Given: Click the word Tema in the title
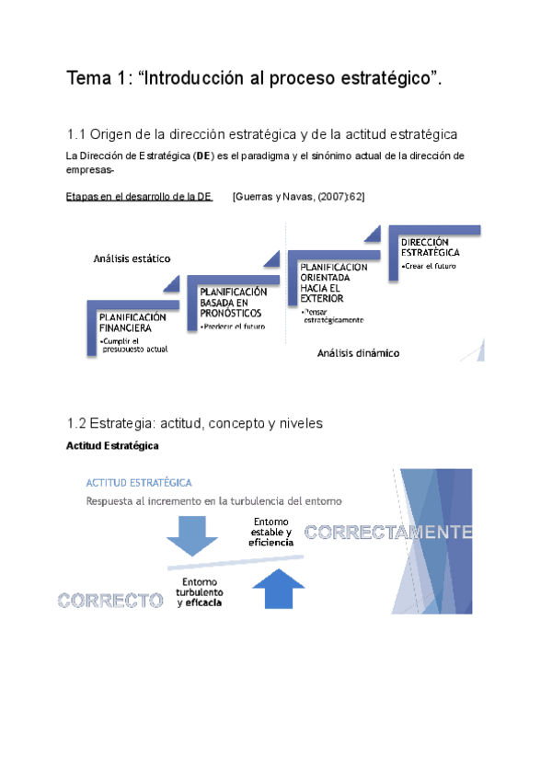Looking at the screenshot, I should [88, 79].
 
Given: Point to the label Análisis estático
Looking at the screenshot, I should [132, 258].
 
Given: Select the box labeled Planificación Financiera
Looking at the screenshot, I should [132, 321].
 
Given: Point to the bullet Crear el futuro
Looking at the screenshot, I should [429, 266].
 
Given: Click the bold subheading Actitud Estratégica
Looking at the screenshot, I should [113, 446].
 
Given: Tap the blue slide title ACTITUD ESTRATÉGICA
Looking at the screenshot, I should [139, 483].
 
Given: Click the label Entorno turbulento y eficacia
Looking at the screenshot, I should [200, 593].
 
